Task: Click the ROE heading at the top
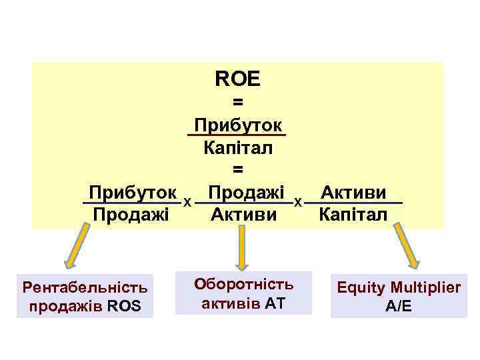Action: coord(238,79)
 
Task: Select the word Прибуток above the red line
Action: coord(237,125)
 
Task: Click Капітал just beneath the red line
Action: coord(238,148)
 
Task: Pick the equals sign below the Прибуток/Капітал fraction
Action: coord(238,171)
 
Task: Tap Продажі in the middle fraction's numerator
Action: coord(245,192)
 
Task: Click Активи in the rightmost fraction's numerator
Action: coord(353,193)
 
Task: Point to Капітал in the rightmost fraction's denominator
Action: coord(353,215)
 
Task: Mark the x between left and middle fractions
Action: coord(188,201)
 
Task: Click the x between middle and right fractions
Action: coord(299,201)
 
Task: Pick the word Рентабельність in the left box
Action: coord(85,288)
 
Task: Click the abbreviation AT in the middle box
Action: coord(275,304)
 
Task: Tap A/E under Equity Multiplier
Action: coord(399,307)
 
